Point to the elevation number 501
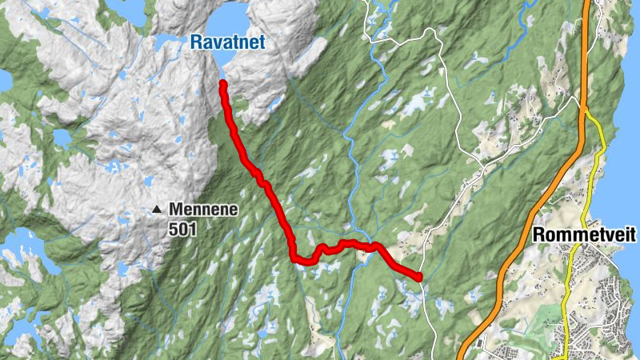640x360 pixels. pyautogui.click(x=182, y=229)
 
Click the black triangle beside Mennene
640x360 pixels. pyautogui.click(x=158, y=210)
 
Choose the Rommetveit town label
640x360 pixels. pyautogui.click(x=583, y=235)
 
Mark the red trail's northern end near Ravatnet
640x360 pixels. pyautogui.click(x=222, y=84)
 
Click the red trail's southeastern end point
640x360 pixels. pyautogui.click(x=418, y=277)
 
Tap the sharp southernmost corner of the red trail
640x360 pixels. pyautogui.click(x=294, y=258)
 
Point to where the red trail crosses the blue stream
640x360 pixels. pyautogui.click(x=368, y=246)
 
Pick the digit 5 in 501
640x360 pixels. pyautogui.click(x=174, y=229)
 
